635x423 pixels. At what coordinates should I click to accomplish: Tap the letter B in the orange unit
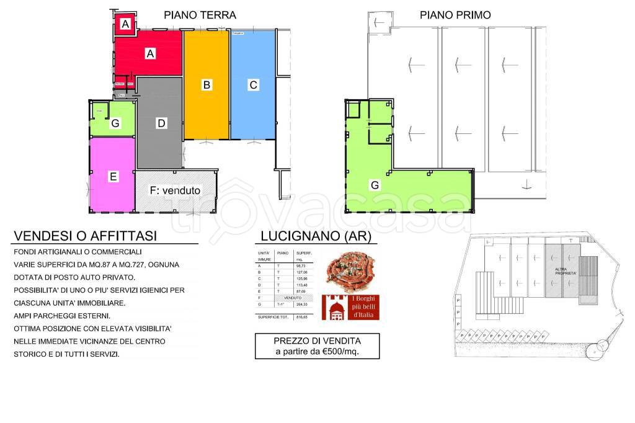coord(207,85)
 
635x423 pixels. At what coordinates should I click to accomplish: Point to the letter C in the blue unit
coord(253,85)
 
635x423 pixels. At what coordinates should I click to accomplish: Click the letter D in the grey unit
coord(161,123)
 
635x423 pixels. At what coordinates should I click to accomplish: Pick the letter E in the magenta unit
coord(113,177)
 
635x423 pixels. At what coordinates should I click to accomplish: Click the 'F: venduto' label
coord(175,191)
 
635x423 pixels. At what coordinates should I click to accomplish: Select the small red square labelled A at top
coord(126,24)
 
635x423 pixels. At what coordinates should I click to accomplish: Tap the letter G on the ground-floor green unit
coord(115,123)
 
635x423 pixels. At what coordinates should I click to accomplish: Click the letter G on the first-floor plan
coord(374,185)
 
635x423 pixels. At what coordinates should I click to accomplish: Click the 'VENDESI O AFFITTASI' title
coord(86,236)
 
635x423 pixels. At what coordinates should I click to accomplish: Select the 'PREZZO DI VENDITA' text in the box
coord(317,341)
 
